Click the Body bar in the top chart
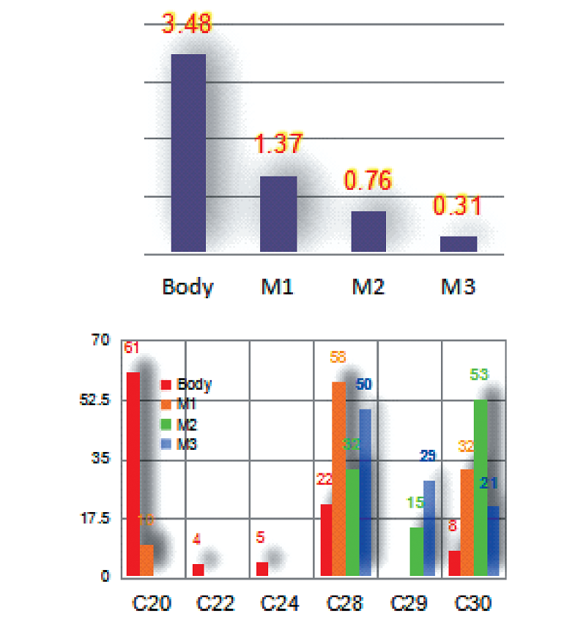click(188, 153)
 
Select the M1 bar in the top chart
click(278, 214)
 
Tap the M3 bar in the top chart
click(459, 244)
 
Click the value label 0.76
click(368, 180)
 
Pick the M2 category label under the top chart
click(368, 286)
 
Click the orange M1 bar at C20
click(146, 560)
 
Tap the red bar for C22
click(198, 569)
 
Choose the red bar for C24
click(262, 569)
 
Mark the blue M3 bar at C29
click(429, 527)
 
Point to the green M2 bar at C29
click(416, 551)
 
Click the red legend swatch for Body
click(166, 384)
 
